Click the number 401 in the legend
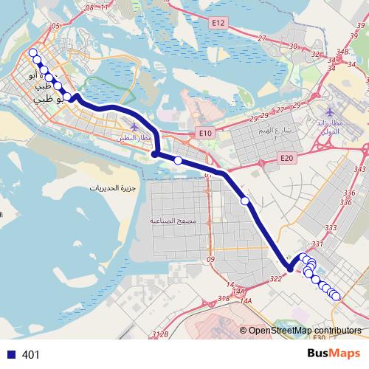coord(31,355)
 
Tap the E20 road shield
coord(287,158)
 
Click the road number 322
coord(276,278)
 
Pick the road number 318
coord(224,298)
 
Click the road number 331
coord(318,243)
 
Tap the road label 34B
coord(342,52)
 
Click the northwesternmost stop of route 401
coord(32,52)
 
